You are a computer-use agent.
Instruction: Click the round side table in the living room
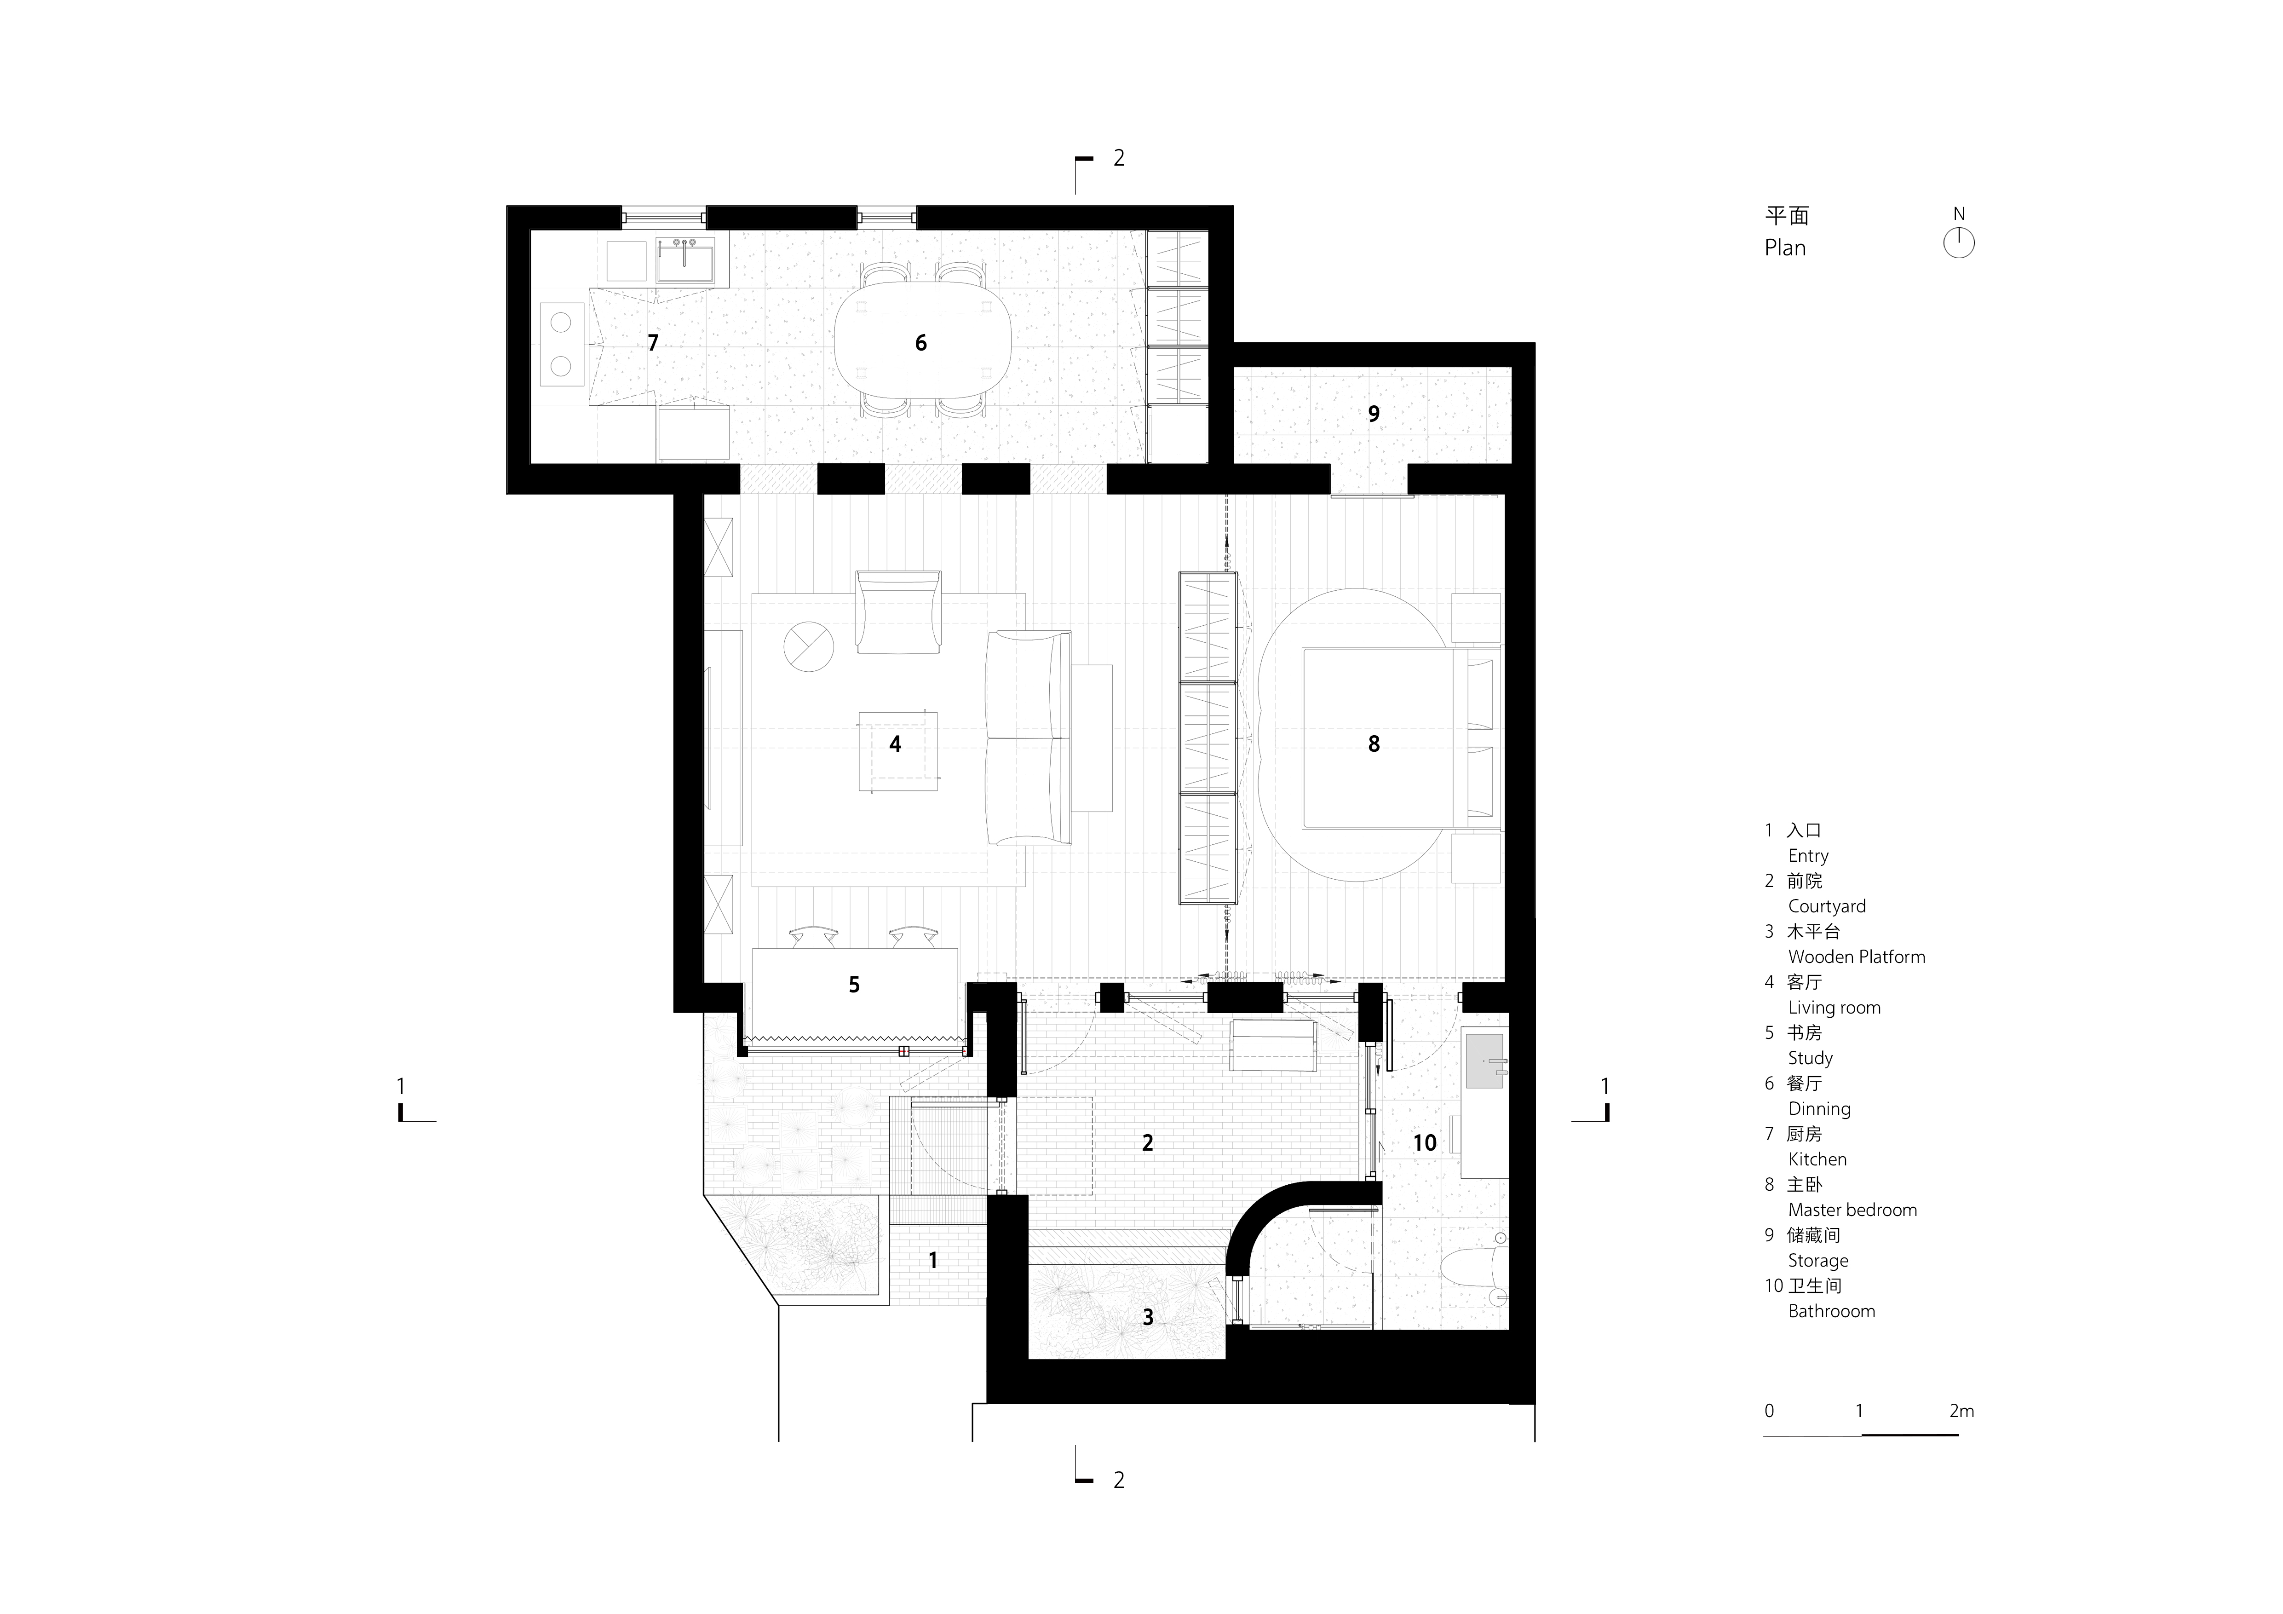(x=808, y=646)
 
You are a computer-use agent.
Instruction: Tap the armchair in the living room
(x=898, y=611)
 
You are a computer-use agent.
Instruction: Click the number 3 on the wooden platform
(x=1147, y=1318)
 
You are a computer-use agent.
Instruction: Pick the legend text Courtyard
(x=1827, y=906)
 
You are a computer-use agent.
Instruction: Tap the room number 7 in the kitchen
(x=652, y=343)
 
